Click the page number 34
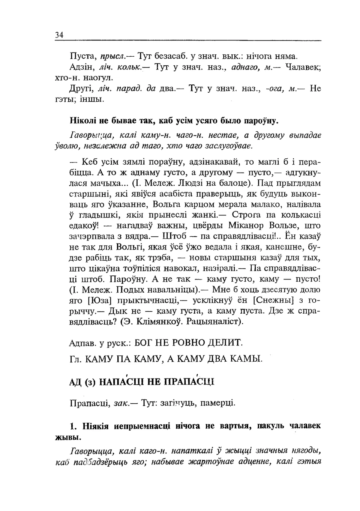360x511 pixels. [x=59, y=35]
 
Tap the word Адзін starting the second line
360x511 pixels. [x=81, y=68]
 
